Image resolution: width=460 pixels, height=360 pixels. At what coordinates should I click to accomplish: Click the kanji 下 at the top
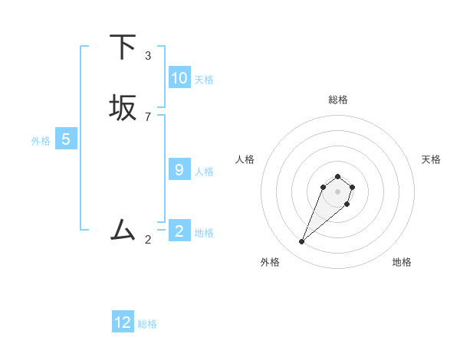coord(123,47)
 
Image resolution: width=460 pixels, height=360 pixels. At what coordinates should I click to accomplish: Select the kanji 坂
coord(123,108)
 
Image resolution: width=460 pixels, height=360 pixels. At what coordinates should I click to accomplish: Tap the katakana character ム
coord(123,229)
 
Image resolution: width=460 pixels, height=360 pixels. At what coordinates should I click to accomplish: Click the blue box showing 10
coord(179,78)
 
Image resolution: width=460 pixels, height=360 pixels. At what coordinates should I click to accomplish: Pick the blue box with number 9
coord(179,170)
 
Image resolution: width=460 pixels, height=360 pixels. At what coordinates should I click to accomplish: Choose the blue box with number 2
coord(179,231)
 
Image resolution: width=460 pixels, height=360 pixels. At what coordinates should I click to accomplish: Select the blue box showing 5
coord(66,139)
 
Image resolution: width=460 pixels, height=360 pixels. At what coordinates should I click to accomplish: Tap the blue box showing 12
coord(123,322)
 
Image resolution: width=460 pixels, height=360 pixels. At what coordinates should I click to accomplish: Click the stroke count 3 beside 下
coord(148,55)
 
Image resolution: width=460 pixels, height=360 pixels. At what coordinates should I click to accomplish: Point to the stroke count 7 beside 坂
coord(148,116)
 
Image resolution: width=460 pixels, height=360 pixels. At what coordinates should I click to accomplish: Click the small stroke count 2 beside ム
coord(148,240)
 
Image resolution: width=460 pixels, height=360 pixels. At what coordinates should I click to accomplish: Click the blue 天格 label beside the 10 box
coord(204,79)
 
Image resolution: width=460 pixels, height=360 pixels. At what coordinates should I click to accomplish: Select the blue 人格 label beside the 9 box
coord(204,171)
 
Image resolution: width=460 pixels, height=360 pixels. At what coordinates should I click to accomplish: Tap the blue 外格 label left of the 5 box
coord(41,141)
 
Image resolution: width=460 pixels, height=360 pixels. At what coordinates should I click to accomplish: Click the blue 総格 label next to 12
coord(147,324)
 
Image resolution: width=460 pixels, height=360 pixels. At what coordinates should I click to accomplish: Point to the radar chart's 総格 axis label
coord(338,100)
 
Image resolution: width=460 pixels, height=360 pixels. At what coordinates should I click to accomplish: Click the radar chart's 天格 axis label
coord(431,159)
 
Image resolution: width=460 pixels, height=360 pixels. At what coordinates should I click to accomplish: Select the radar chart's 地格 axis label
coord(402,262)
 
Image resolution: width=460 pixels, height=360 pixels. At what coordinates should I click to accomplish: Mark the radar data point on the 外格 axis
coord(302,242)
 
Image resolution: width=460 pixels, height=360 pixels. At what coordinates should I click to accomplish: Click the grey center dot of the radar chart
coord(337,191)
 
